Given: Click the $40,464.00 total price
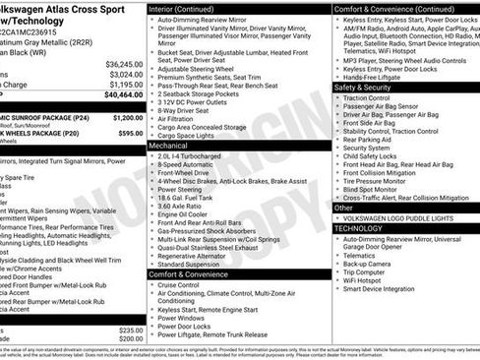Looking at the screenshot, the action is pyautogui.click(x=122, y=94).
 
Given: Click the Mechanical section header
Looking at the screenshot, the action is pyautogui.click(x=169, y=144).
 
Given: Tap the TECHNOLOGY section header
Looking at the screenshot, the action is pyautogui.click(x=358, y=227).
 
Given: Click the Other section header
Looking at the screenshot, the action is pyautogui.click(x=344, y=208).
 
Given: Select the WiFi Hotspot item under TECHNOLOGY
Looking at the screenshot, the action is pyautogui.click(x=368, y=278).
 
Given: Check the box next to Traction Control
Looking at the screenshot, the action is pyautogui.click(x=337, y=98).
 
